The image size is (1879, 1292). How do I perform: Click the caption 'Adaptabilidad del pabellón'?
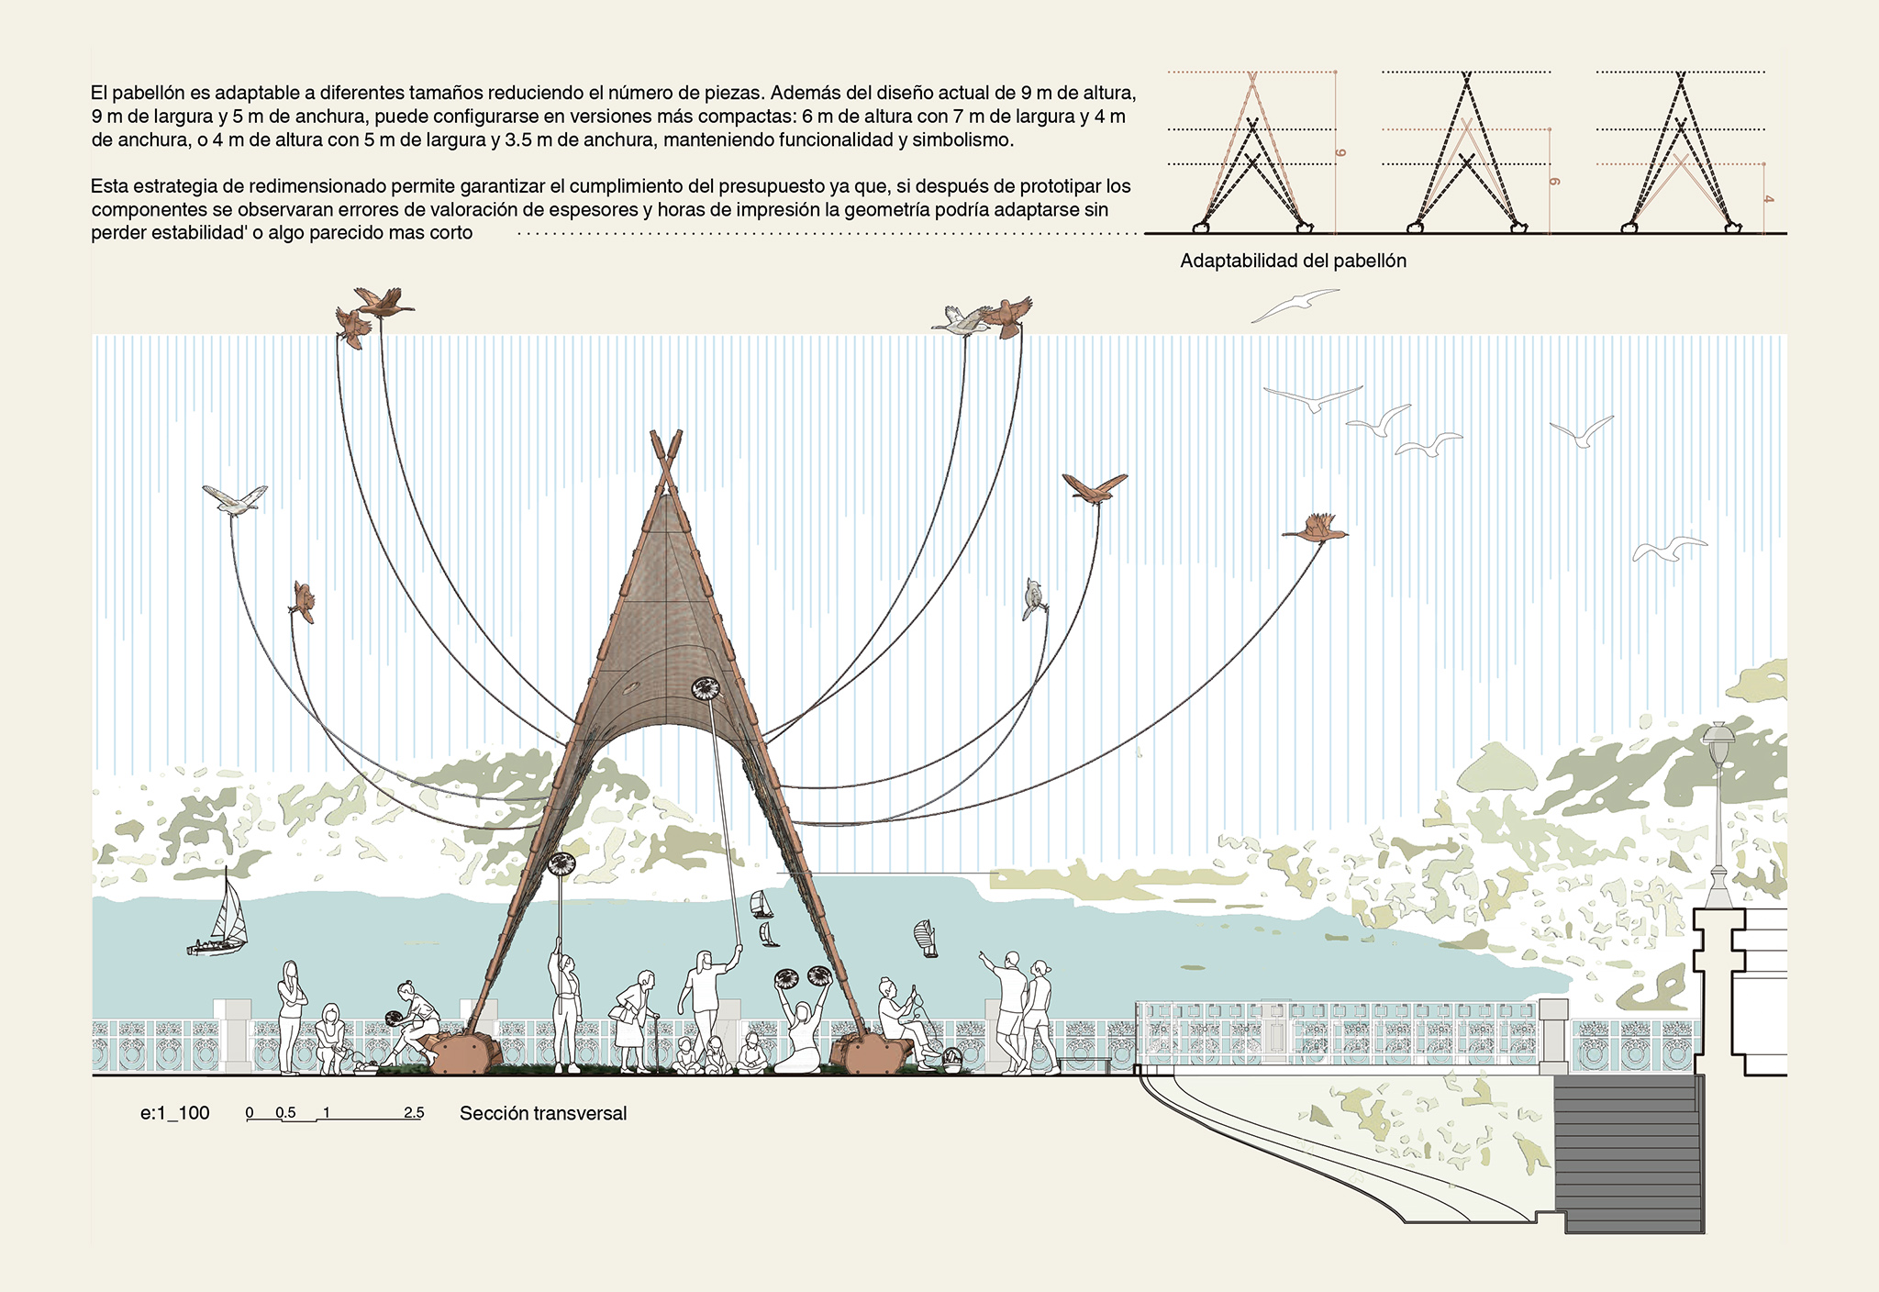click(x=1293, y=262)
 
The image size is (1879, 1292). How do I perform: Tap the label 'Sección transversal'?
click(x=543, y=1114)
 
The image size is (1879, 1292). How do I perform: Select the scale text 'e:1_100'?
click(x=175, y=1114)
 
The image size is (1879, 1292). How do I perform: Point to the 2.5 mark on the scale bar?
click(x=414, y=1113)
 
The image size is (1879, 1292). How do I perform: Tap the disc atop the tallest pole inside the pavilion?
click(x=706, y=688)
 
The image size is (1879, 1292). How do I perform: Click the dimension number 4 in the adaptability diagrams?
click(x=1768, y=199)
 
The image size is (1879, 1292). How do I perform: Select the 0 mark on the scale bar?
click(x=250, y=1113)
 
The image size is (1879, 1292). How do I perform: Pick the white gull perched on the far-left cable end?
click(x=235, y=498)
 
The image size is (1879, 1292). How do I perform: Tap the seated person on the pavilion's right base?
click(x=895, y=1014)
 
